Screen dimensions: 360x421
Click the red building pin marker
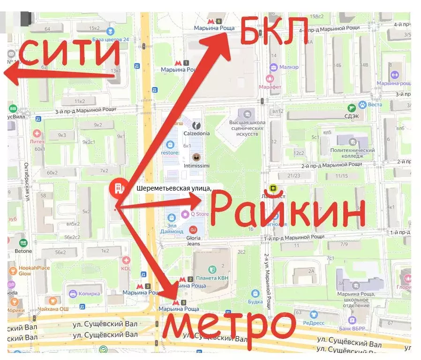pyautogui.click(x=117, y=189)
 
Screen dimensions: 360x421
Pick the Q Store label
pyautogui.click(x=199, y=214)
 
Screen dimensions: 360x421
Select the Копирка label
pyautogui.click(x=90, y=294)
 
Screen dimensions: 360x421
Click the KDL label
pyautogui.click(x=126, y=268)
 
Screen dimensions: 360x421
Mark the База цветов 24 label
pyautogui.click(x=111, y=39)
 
